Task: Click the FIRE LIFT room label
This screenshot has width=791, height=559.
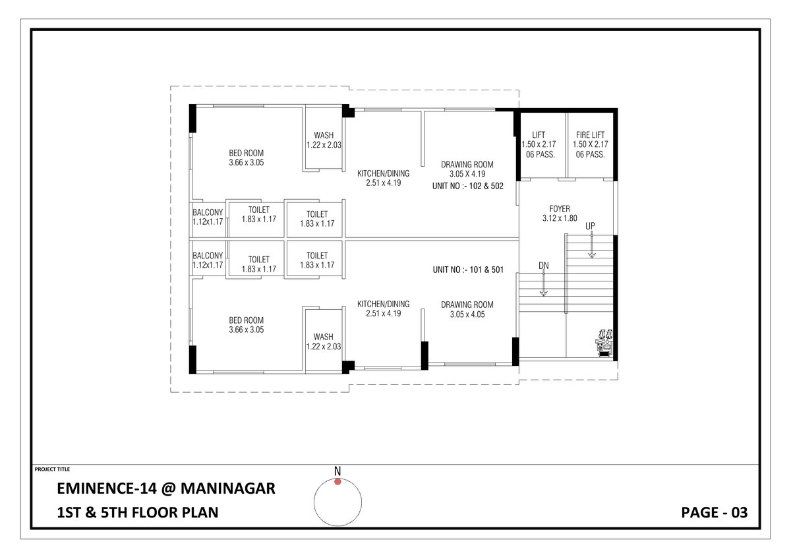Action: click(590, 134)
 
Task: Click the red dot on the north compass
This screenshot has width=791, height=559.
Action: click(337, 482)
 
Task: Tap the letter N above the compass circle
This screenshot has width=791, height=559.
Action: click(337, 471)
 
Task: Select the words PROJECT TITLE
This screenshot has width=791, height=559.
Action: click(51, 469)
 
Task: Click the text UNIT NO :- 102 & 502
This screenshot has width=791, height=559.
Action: click(468, 186)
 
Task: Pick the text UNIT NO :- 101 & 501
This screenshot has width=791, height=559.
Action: click(468, 269)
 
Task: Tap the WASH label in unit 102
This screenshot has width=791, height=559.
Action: click(323, 135)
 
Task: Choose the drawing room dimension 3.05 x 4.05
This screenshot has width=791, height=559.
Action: click(467, 314)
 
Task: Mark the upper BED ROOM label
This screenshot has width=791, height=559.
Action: click(247, 153)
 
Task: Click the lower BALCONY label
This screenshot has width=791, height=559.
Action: click(208, 256)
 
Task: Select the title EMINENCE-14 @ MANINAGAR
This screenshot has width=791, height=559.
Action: click(166, 489)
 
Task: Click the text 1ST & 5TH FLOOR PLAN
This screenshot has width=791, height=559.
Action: click(137, 512)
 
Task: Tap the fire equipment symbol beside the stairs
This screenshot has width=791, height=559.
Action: click(604, 342)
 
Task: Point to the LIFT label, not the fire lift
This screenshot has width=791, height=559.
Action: click(539, 134)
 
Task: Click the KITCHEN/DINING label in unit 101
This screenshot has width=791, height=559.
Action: click(383, 304)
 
